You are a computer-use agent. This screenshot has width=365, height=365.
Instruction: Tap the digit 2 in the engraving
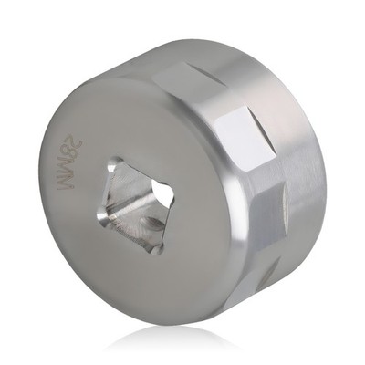[x=77, y=143]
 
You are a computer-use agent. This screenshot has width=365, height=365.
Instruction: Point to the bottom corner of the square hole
[x=158, y=251]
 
